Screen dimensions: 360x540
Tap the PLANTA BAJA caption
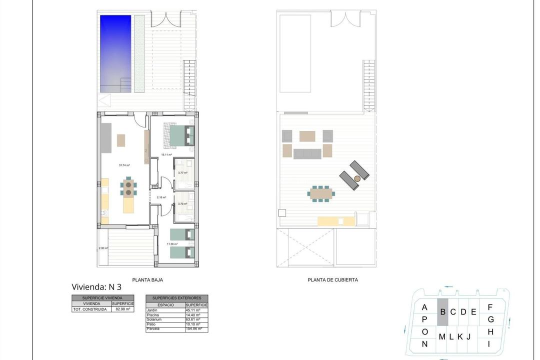point(147,280)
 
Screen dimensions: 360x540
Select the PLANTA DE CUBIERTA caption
point(332,280)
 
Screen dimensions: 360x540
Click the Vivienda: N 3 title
point(96,287)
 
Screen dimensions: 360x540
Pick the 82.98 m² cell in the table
point(122,309)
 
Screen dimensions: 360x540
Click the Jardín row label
point(152,310)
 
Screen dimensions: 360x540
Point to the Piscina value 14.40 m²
point(193,315)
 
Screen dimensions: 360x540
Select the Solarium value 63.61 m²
point(193,319)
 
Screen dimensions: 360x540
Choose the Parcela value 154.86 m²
point(193,329)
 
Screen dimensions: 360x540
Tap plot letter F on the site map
point(490,307)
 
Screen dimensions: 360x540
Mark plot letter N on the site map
point(424,344)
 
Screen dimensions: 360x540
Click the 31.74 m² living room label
point(124,165)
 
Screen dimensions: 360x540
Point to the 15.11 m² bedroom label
point(166,155)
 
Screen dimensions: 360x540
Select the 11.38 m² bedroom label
point(173,244)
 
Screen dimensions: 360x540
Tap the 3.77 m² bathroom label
point(182,173)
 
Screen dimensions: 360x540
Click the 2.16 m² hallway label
point(161,197)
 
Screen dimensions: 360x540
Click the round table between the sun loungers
point(357,178)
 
